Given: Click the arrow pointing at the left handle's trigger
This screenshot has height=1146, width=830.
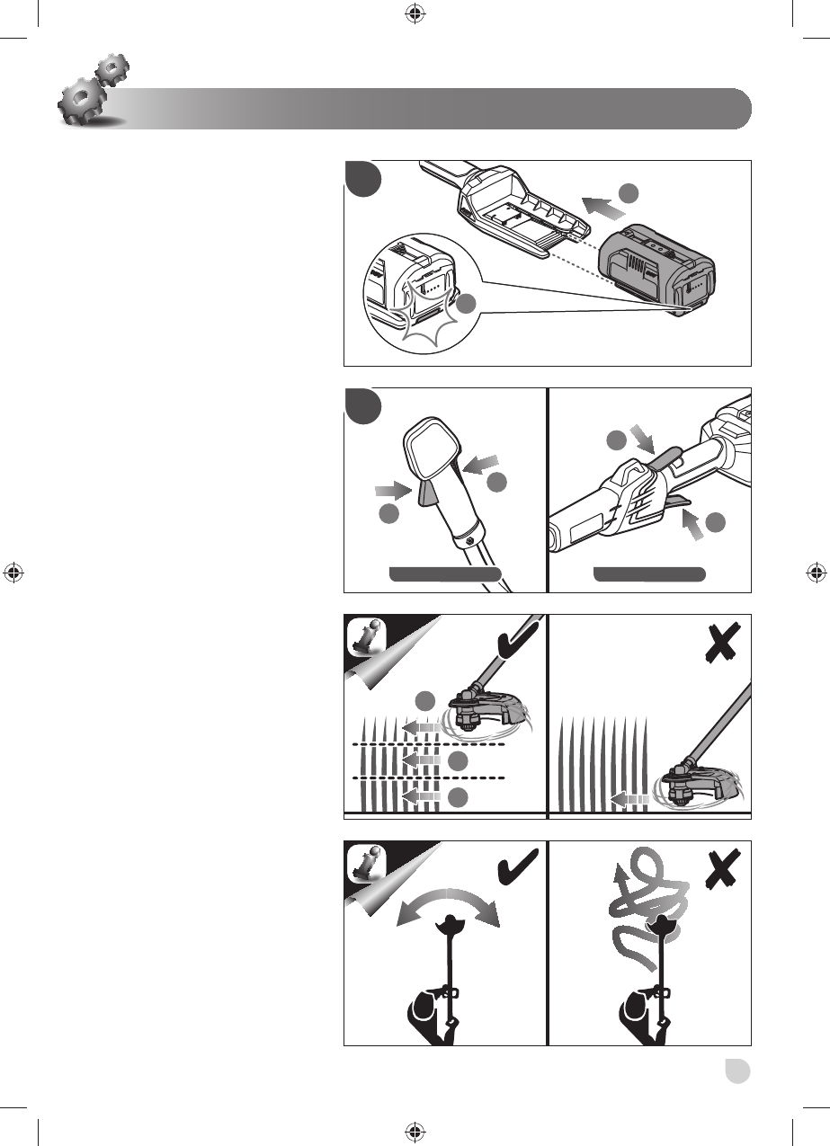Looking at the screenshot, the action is coord(392,492).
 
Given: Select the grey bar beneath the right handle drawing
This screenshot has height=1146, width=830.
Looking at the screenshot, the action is coord(649,574).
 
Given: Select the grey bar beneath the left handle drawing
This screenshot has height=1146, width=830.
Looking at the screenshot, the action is coord(444,574).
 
